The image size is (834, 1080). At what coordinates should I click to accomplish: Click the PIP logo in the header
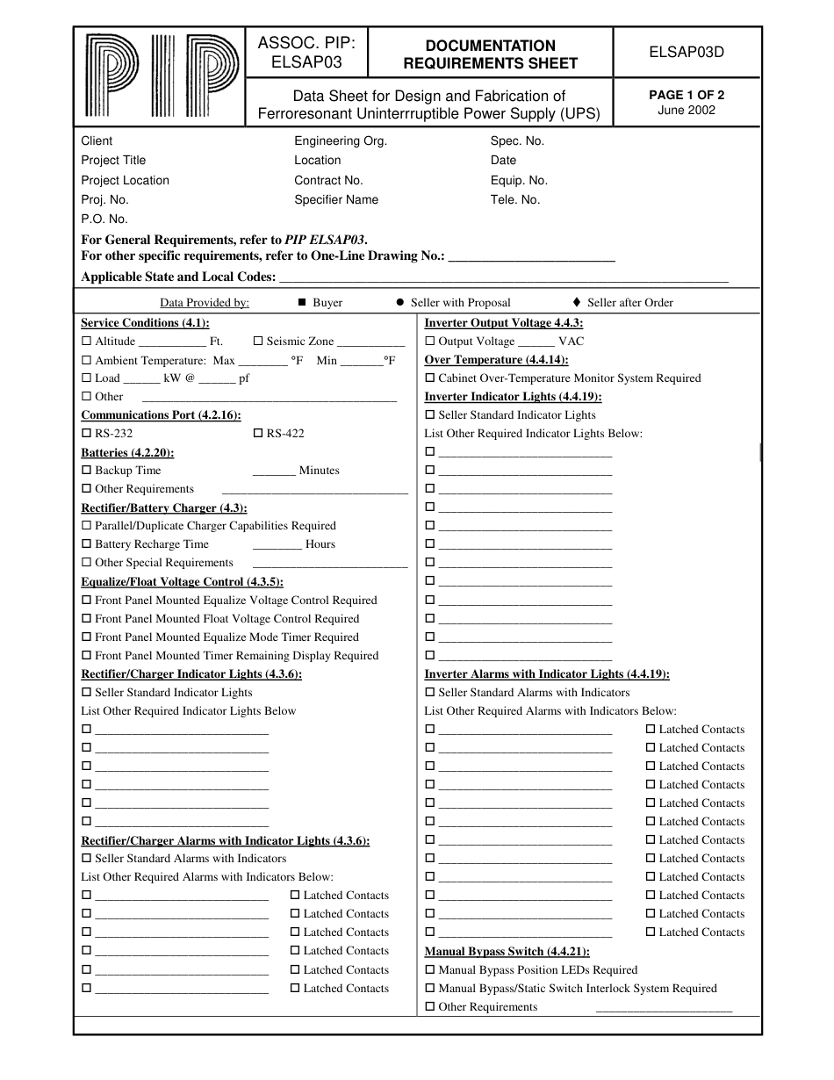pos(161,76)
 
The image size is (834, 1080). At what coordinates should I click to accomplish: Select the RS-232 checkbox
pos(86,434)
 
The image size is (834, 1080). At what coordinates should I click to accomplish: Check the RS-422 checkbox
pos(258,434)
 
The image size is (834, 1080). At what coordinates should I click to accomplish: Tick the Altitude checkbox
pos(86,342)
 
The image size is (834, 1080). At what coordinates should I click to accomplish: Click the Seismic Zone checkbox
pos(258,342)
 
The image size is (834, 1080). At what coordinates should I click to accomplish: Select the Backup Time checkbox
pos(86,471)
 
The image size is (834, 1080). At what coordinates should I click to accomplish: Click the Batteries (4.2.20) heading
pos(127,452)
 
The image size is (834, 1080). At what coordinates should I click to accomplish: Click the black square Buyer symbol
pos(301,303)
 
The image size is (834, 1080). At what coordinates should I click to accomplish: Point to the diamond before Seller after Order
pos(576,303)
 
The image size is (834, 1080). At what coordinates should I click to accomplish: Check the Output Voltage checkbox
pos(430,342)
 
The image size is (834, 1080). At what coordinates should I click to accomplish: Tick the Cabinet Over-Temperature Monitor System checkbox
pos(430,378)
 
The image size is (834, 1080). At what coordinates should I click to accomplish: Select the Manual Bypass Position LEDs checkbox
pos(430,970)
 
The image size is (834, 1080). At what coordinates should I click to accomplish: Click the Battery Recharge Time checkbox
pos(86,544)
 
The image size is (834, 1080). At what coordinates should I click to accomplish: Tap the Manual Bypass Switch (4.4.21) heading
pos(507,952)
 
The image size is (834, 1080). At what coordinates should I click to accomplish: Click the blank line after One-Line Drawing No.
pos(531,257)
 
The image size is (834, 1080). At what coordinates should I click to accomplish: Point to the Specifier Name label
pos(336,199)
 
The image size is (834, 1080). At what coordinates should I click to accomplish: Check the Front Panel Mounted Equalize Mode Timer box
pos(86,637)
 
